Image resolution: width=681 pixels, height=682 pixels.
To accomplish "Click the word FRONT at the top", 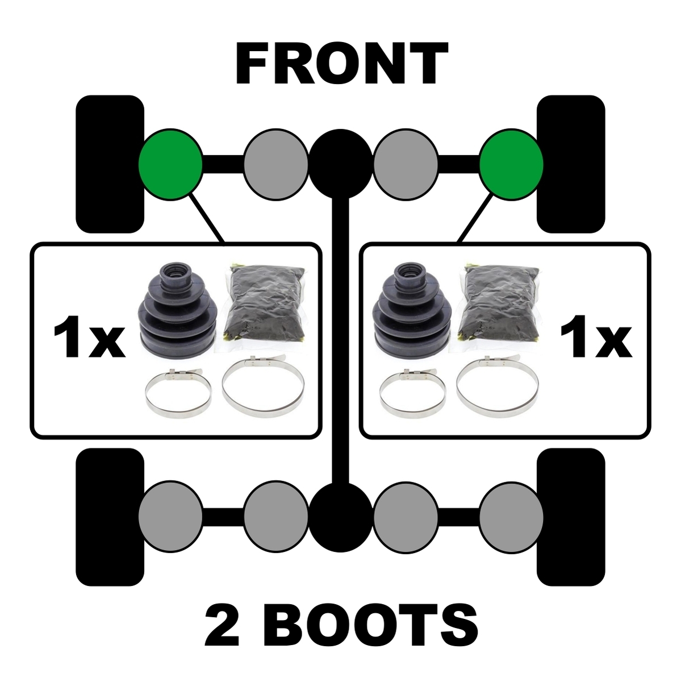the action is click(x=342, y=64).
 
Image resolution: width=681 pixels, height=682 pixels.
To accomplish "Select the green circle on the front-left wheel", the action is click(x=170, y=165).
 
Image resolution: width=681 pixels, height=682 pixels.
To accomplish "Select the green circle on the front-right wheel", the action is click(x=511, y=165).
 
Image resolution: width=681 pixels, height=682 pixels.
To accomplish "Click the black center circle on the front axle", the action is click(x=341, y=165).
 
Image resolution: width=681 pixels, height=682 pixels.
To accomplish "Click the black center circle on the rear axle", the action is click(x=341, y=517).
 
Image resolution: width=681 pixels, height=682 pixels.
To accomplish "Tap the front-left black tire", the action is click(x=110, y=164).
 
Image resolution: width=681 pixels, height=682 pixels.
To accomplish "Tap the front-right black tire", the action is click(x=571, y=164).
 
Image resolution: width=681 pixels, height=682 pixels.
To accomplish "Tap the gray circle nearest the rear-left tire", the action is click(x=170, y=517).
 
